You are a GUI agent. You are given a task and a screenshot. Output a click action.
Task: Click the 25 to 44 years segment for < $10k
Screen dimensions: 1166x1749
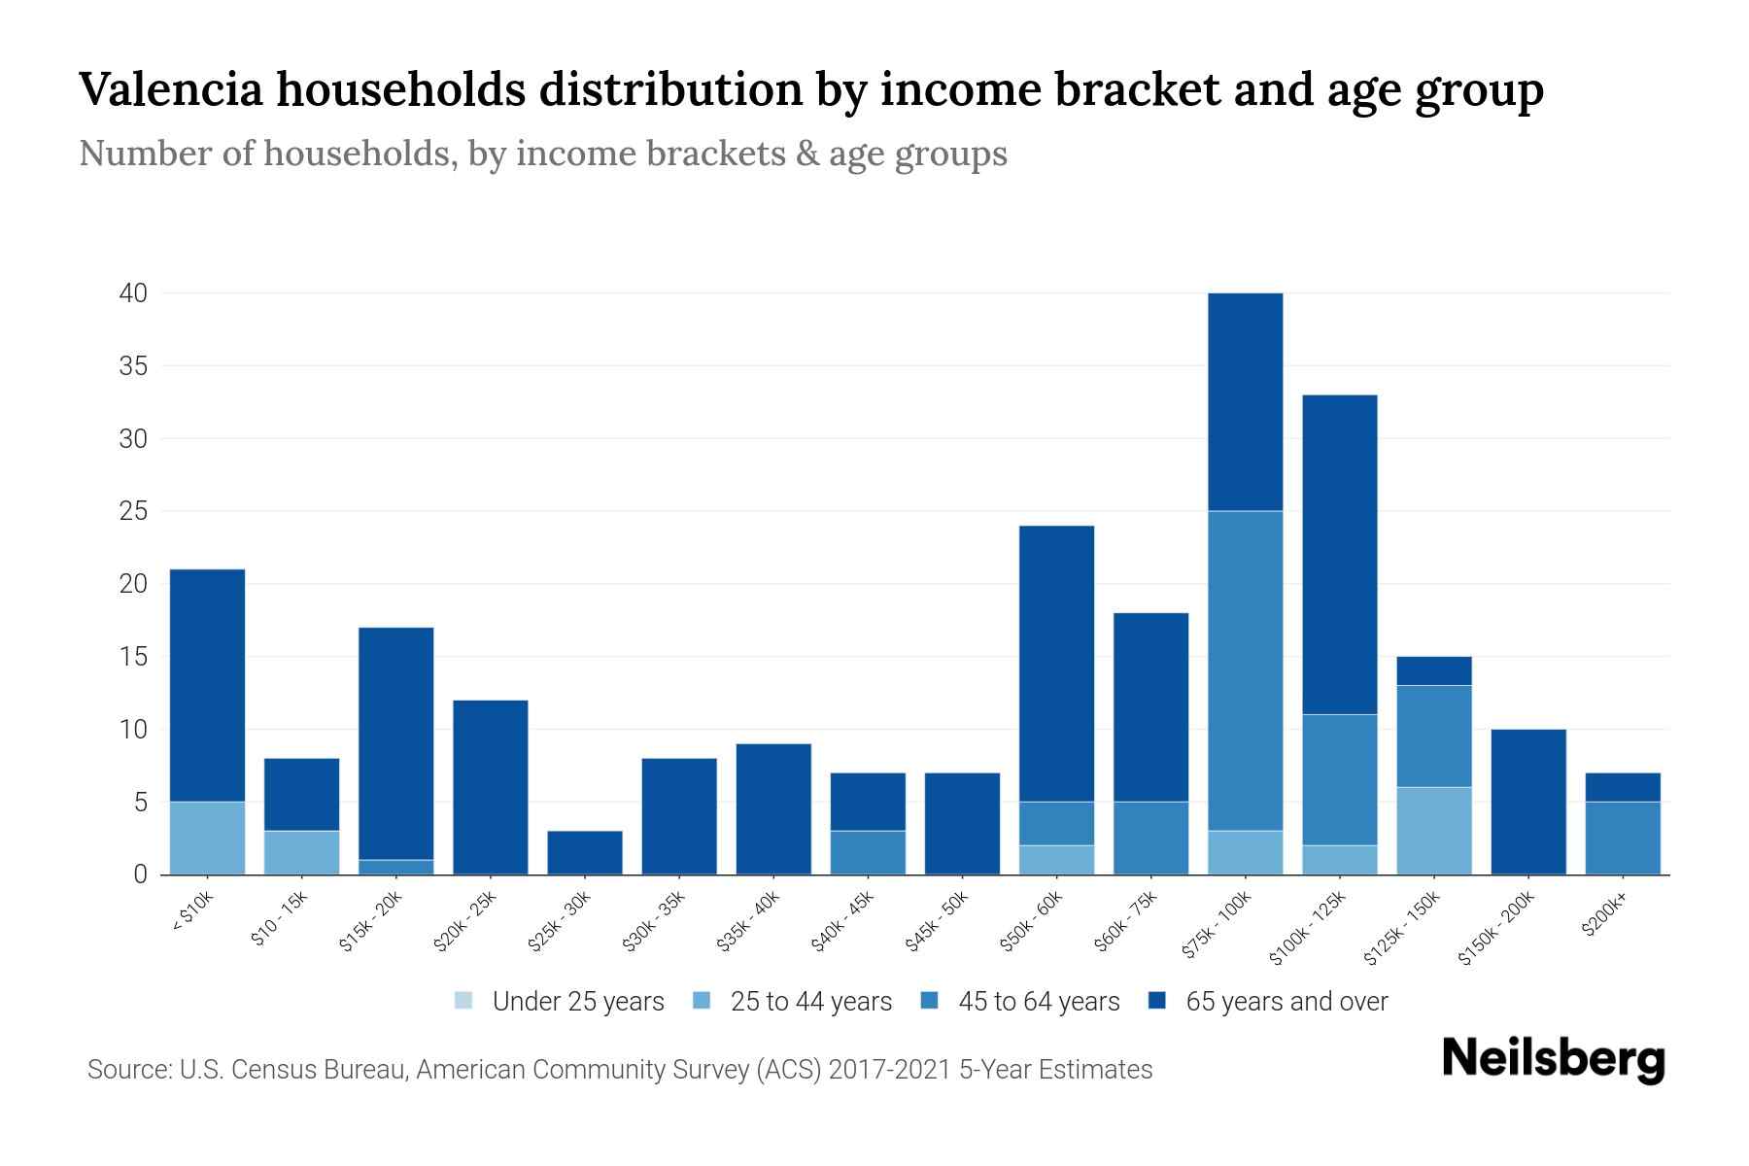pos(207,838)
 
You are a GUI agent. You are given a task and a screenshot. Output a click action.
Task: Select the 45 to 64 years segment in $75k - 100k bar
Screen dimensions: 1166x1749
pos(1245,670)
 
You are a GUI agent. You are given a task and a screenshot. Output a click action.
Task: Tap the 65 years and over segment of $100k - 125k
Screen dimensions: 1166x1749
pos(1339,554)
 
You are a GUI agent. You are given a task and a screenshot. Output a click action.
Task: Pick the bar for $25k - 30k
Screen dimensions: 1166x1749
pos(585,852)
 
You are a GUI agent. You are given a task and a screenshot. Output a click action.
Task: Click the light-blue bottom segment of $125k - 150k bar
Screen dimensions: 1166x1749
pos(1433,831)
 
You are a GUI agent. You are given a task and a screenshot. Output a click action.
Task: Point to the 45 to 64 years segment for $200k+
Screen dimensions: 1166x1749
pos(1622,838)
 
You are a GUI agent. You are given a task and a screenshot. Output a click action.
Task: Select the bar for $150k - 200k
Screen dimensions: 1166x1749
pos(1527,802)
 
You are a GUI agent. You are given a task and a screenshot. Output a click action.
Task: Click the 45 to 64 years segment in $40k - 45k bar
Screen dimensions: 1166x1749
pos(868,852)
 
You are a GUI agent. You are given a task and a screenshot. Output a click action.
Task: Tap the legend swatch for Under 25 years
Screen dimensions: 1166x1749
pos(464,1001)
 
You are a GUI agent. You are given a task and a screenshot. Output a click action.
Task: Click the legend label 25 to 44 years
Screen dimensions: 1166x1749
pos(810,1002)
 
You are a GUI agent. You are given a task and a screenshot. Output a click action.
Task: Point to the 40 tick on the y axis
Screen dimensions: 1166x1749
pos(133,293)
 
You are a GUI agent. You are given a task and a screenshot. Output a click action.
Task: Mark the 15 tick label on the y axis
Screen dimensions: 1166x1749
pos(133,657)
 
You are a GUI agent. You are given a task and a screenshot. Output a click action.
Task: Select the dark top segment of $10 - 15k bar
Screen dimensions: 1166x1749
pos(301,794)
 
